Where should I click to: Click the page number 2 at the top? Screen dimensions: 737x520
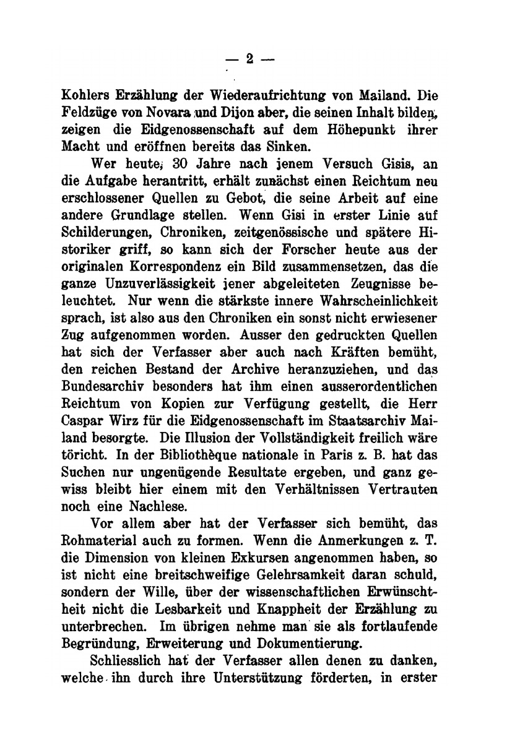[249, 59]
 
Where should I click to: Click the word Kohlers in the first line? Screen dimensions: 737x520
[91, 97]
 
